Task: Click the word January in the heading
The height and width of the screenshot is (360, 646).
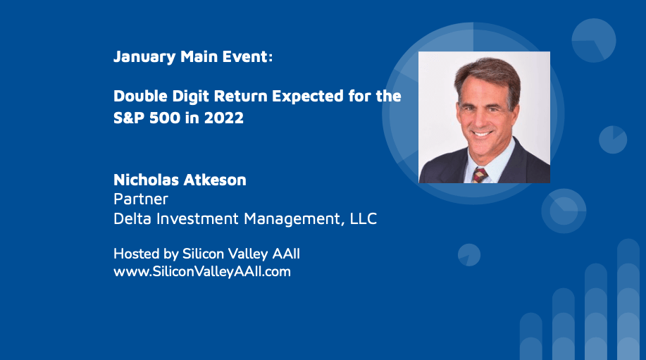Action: pos(144,57)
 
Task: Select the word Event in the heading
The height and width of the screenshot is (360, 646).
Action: pos(247,56)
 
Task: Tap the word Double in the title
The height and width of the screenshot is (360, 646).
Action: pos(140,96)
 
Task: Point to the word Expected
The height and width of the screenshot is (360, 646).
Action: pos(308,97)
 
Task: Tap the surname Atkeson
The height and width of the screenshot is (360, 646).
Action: pos(215,180)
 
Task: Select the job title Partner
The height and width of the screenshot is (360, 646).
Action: pos(140,199)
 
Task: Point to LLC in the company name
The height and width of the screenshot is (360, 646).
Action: pos(364,218)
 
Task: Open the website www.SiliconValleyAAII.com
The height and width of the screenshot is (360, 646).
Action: pos(202,271)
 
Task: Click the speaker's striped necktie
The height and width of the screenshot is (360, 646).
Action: pos(480,175)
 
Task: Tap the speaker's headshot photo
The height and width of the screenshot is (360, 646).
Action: pos(484,117)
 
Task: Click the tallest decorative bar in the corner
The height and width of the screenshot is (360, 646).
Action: pos(628,299)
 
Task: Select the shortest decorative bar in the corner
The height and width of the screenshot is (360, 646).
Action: pos(530,337)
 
